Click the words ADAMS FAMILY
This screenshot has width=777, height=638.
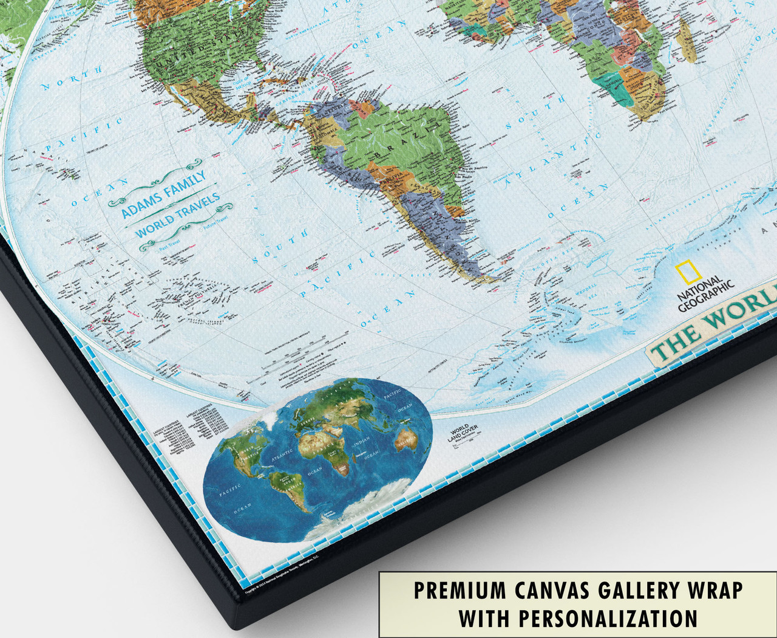pos(163,193)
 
